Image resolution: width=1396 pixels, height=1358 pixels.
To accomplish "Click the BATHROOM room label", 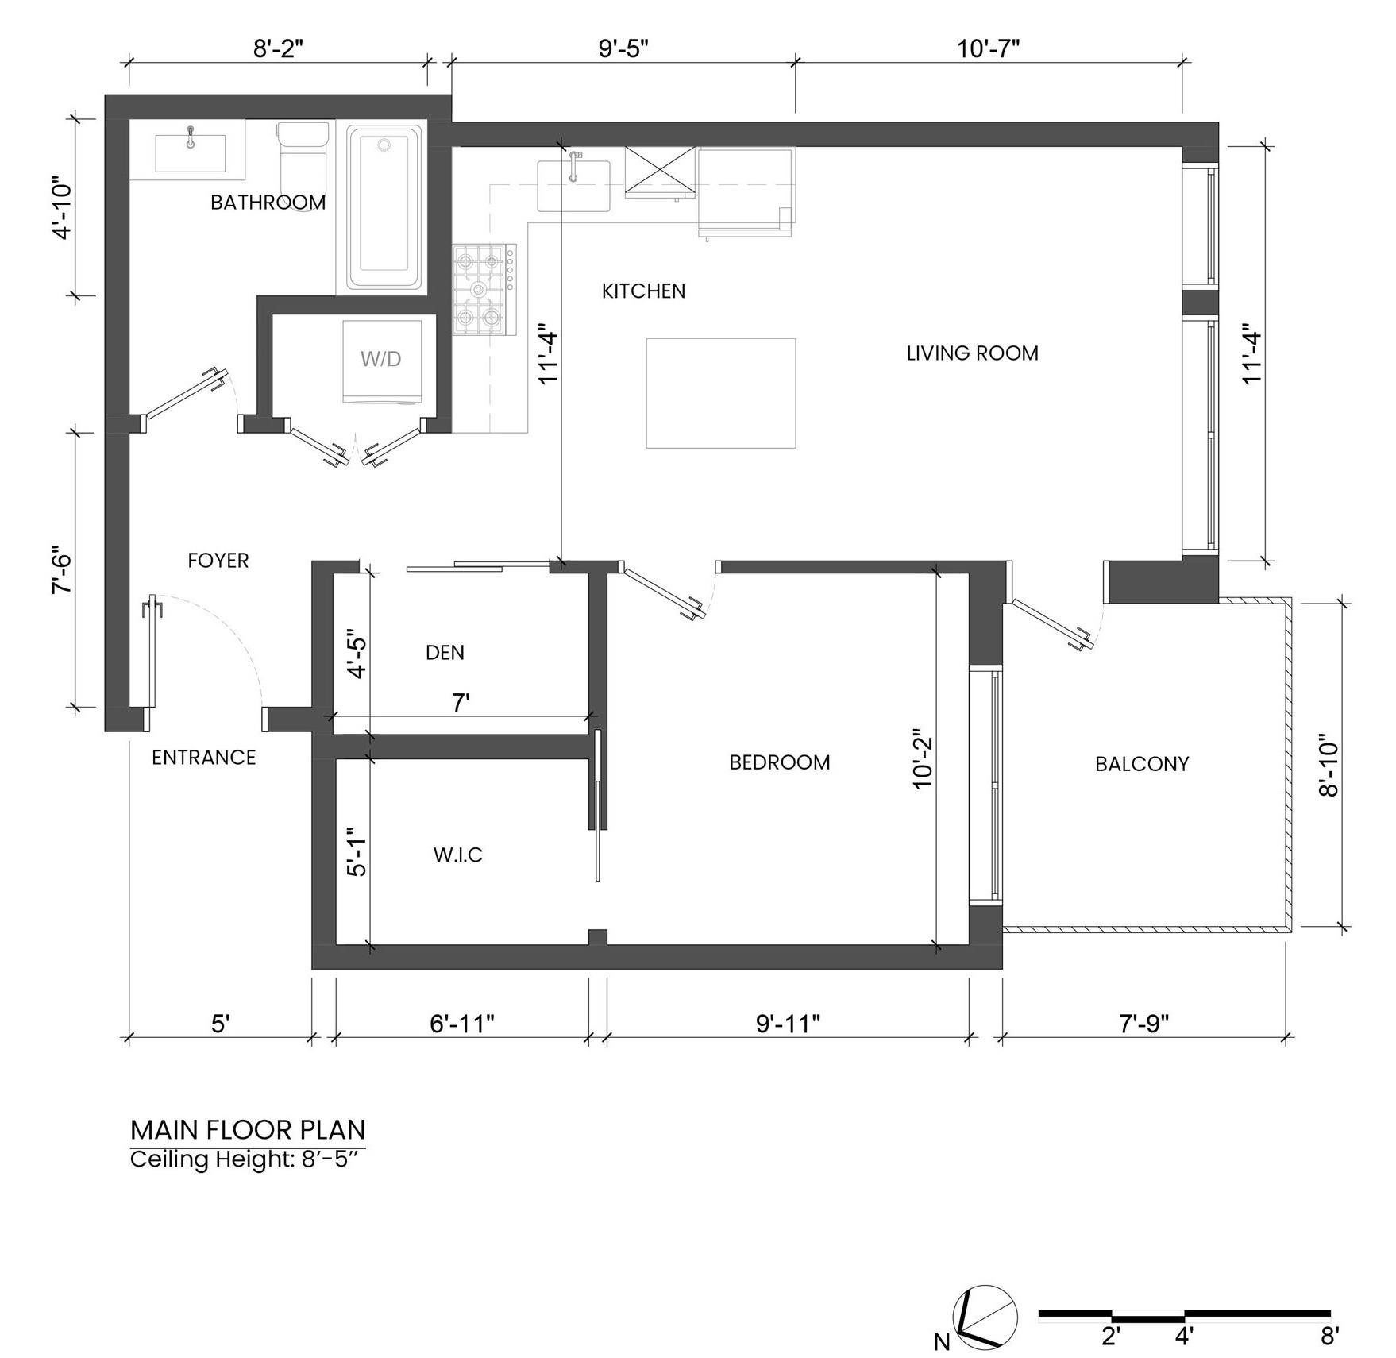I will click(x=268, y=203).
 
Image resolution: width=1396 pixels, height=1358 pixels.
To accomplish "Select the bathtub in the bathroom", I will click(x=384, y=208).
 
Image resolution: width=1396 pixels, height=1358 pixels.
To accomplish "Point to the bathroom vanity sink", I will click(x=190, y=153).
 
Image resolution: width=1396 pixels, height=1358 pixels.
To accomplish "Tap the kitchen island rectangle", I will click(x=720, y=393).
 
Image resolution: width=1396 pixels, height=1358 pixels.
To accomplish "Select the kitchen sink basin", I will click(x=573, y=186).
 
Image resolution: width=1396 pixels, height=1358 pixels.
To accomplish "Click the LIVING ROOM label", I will click(x=972, y=353).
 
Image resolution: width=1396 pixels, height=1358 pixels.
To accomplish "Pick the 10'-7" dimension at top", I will click(x=988, y=49).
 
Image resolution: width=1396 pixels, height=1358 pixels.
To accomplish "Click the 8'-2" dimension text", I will click(x=278, y=49).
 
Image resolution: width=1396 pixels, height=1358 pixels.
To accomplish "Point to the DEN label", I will click(x=445, y=653).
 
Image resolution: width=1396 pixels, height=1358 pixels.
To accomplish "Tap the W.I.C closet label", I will click(x=458, y=855).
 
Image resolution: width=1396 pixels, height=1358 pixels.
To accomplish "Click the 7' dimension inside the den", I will click(x=461, y=703).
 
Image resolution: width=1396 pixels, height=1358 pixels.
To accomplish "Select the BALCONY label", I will click(x=1141, y=764).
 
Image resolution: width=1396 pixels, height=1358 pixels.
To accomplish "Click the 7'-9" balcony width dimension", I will click(x=1143, y=1024).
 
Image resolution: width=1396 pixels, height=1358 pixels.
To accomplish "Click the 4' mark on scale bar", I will click(x=1183, y=1337).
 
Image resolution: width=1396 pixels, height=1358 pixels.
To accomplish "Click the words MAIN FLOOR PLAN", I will click(x=248, y=1129).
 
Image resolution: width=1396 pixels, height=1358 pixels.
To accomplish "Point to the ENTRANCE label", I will click(x=203, y=758).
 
